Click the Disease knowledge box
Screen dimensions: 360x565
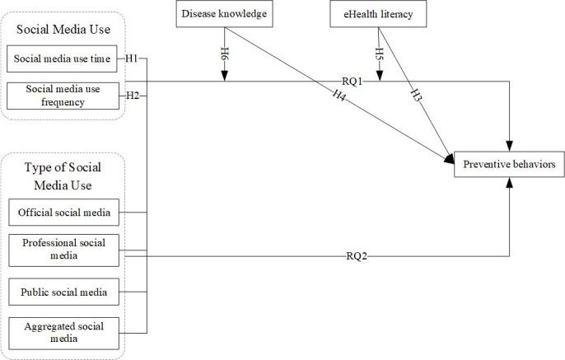coord(223,13)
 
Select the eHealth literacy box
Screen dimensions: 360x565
coord(378,13)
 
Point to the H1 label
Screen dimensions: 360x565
coord(132,59)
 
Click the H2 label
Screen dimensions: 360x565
coord(132,96)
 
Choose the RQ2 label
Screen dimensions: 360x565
coord(355,255)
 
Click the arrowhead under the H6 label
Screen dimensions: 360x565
coord(223,77)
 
